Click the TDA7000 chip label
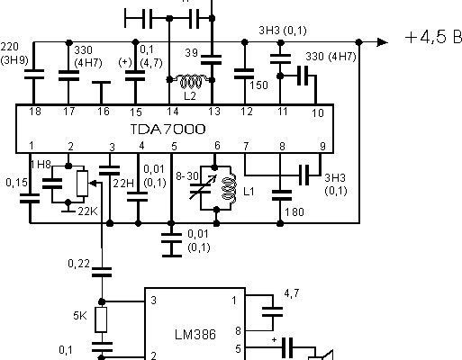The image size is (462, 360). (168, 130)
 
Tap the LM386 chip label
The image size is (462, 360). (195, 335)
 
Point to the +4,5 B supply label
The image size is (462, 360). (433, 37)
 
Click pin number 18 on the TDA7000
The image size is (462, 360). (35, 112)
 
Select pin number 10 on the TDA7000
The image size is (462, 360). (318, 112)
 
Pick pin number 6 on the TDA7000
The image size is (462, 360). (217, 146)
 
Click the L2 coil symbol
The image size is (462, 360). (191, 81)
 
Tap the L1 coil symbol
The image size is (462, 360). (229, 188)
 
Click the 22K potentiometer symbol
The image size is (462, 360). (82, 184)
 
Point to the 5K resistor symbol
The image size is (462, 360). (101, 319)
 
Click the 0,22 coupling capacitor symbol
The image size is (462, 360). (102, 272)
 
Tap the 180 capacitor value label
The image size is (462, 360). (294, 212)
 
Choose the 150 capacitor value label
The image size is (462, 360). (258, 85)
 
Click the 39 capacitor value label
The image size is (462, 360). (192, 53)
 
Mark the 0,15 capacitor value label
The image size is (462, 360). (16, 183)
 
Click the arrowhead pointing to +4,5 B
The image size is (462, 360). (382, 42)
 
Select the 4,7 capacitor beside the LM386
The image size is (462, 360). (273, 311)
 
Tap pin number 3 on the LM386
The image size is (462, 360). (153, 301)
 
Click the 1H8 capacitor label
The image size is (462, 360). (41, 164)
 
